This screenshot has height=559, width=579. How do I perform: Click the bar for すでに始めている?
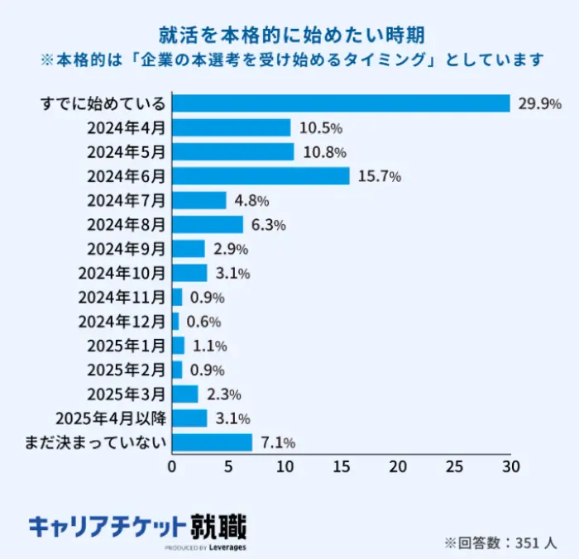pos(341,103)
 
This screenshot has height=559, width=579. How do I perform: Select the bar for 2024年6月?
pos(261,176)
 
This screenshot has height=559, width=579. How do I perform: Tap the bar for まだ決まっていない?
pos(212,442)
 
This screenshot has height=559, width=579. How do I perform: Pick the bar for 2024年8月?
pos(208,224)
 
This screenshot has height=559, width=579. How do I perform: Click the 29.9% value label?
pos(539,104)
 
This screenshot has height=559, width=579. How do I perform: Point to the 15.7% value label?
pos(380,176)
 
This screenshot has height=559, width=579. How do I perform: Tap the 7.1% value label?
pos(277,443)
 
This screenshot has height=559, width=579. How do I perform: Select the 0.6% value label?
pos(203,322)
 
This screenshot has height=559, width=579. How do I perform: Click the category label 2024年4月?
pos(126,128)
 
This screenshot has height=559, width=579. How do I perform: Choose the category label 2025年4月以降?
pos(109,418)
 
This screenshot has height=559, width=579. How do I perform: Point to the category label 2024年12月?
pos(122,322)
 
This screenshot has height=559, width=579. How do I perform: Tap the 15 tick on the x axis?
pos(342,466)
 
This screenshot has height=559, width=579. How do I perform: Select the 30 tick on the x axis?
pos(510,466)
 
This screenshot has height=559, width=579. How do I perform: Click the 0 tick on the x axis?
pos(172,466)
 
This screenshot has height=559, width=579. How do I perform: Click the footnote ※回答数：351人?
pos(500,542)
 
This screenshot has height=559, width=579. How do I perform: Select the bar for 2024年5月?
pos(232,152)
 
